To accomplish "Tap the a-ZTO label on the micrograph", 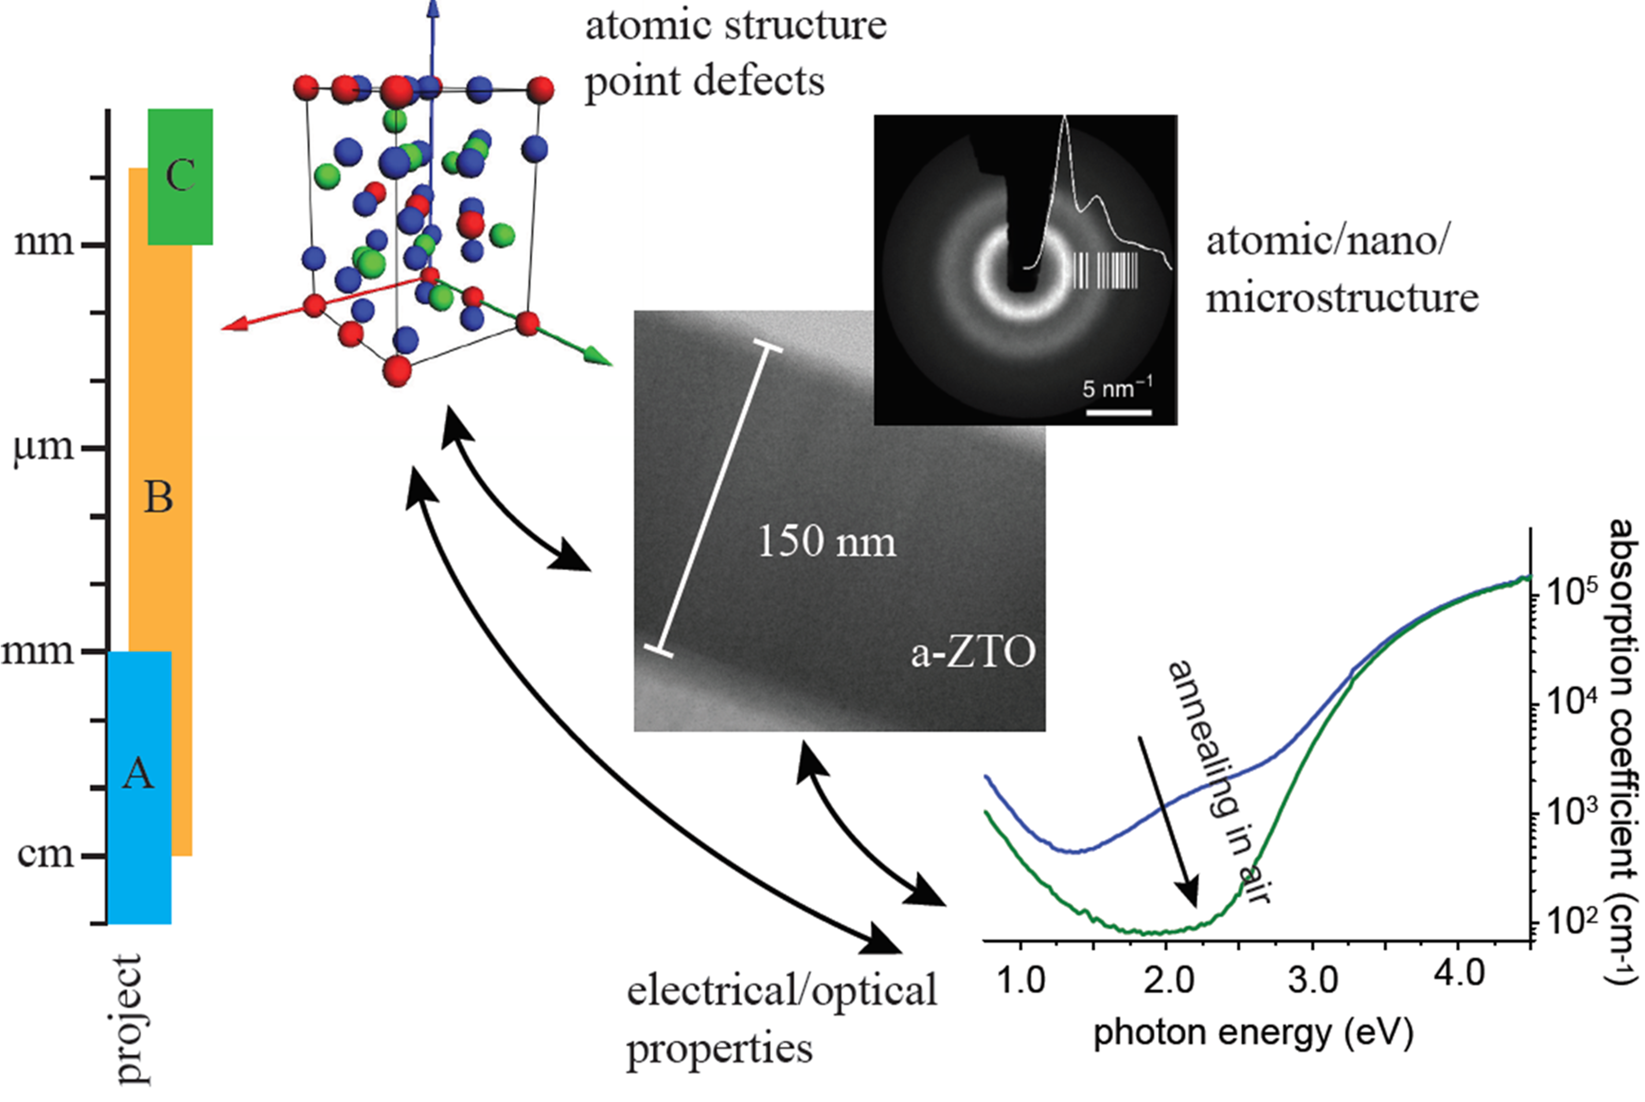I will (973, 653).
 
